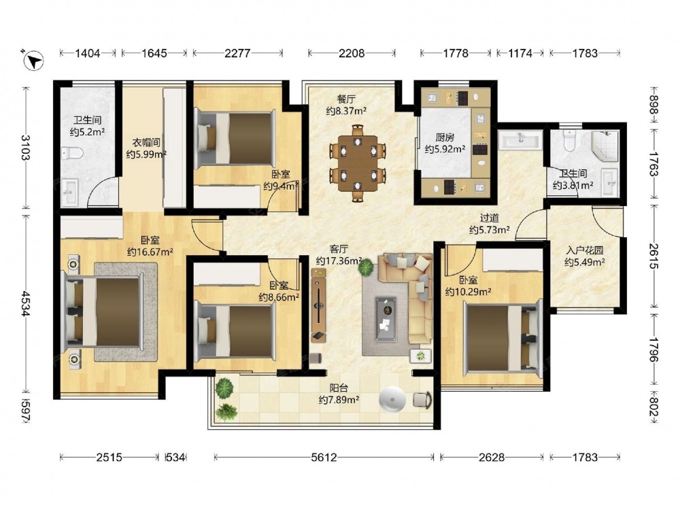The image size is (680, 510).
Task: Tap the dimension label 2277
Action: [237, 53]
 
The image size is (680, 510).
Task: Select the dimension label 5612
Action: [324, 457]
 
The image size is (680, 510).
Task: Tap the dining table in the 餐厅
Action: [358, 163]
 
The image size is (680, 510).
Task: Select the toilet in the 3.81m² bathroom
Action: [569, 140]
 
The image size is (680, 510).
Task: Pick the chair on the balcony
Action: [422, 400]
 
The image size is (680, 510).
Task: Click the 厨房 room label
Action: [445, 137]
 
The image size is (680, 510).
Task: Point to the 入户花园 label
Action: [585, 251]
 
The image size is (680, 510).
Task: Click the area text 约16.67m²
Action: [150, 252]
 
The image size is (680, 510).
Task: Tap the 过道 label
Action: [489, 218]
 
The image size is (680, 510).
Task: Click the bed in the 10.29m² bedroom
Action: [503, 338]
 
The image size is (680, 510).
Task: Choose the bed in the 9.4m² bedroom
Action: [235, 139]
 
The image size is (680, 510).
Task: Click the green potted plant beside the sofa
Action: [367, 267]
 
